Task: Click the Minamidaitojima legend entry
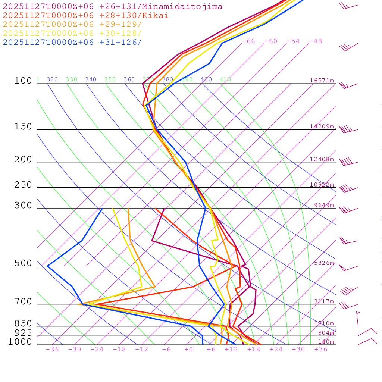tap(113, 7)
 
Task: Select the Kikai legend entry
tap(86, 16)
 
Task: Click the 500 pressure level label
tap(23, 263)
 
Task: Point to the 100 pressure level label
tap(23, 81)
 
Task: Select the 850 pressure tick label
tap(23, 323)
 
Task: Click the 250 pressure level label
tap(23, 185)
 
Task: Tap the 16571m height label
tap(322, 81)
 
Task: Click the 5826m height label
tap(324, 263)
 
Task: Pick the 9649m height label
tap(324, 205)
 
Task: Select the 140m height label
tap(326, 342)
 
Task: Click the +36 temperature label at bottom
tap(321, 350)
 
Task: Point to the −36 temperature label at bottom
tap(52, 350)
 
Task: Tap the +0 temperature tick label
tap(189, 350)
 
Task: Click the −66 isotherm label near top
tap(248, 41)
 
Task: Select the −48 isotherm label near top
tap(315, 41)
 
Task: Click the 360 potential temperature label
tap(129, 79)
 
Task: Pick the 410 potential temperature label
tap(225, 79)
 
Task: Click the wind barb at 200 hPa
tap(348, 162)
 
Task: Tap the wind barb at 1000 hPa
tap(367, 341)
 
